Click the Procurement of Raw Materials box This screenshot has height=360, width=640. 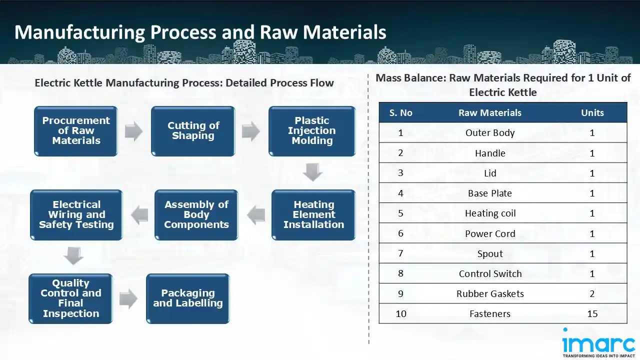[76, 131]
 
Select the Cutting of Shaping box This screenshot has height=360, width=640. [193, 131]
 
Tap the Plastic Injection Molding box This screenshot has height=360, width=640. [312, 131]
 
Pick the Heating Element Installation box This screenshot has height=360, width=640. [313, 215]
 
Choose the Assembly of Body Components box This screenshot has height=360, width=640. [196, 215]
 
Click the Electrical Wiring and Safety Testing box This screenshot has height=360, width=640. [76, 215]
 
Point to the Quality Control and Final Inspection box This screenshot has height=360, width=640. [70, 298]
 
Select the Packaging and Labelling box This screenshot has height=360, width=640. [187, 298]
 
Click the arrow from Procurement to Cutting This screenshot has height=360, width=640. [134, 131]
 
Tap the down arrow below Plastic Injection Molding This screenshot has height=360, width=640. [312, 172]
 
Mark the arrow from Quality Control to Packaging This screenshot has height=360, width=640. [128, 299]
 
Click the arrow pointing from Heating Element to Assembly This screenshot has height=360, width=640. [255, 215]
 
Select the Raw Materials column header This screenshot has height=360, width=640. [489, 113]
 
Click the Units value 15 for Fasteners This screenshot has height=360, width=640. [592, 314]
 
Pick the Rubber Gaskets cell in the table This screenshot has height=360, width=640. [490, 294]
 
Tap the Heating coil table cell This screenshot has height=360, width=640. [490, 213]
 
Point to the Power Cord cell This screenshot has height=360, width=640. [490, 234]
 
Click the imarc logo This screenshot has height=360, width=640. [598, 343]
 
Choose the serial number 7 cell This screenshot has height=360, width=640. [400, 253]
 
